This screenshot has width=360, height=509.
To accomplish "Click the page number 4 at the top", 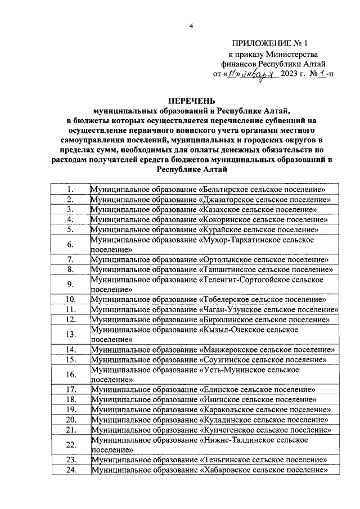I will pyautogui.click(x=191, y=26).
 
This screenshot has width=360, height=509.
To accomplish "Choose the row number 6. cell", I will pyautogui.click(x=70, y=245).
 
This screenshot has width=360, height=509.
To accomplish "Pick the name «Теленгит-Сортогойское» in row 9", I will pyautogui.click(x=244, y=280).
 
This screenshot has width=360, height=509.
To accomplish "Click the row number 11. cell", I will pyautogui.click(x=70, y=310).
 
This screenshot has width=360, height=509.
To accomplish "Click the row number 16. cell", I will pyautogui.click(x=70, y=375).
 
